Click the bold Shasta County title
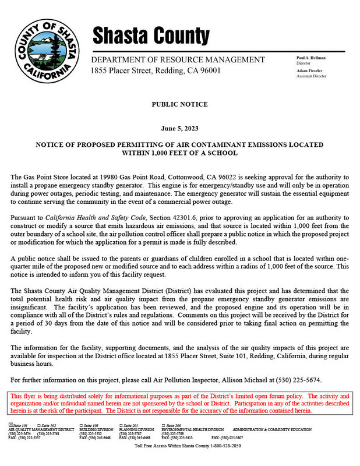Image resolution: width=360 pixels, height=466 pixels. click(x=151, y=36)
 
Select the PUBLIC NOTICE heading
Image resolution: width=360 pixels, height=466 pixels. click(x=179, y=104)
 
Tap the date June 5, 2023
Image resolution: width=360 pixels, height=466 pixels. click(x=179, y=128)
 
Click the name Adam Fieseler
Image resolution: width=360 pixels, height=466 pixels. click(x=309, y=70)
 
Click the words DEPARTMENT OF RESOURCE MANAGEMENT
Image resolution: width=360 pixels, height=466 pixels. click(x=178, y=60)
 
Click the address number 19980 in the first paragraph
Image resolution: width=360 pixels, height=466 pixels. click(x=143, y=176)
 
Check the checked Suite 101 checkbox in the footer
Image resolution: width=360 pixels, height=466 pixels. click(x=10, y=426)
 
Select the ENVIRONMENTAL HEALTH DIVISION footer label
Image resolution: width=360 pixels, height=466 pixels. click(x=192, y=429)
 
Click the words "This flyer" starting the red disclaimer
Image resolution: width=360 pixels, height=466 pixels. click(x=23, y=396)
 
